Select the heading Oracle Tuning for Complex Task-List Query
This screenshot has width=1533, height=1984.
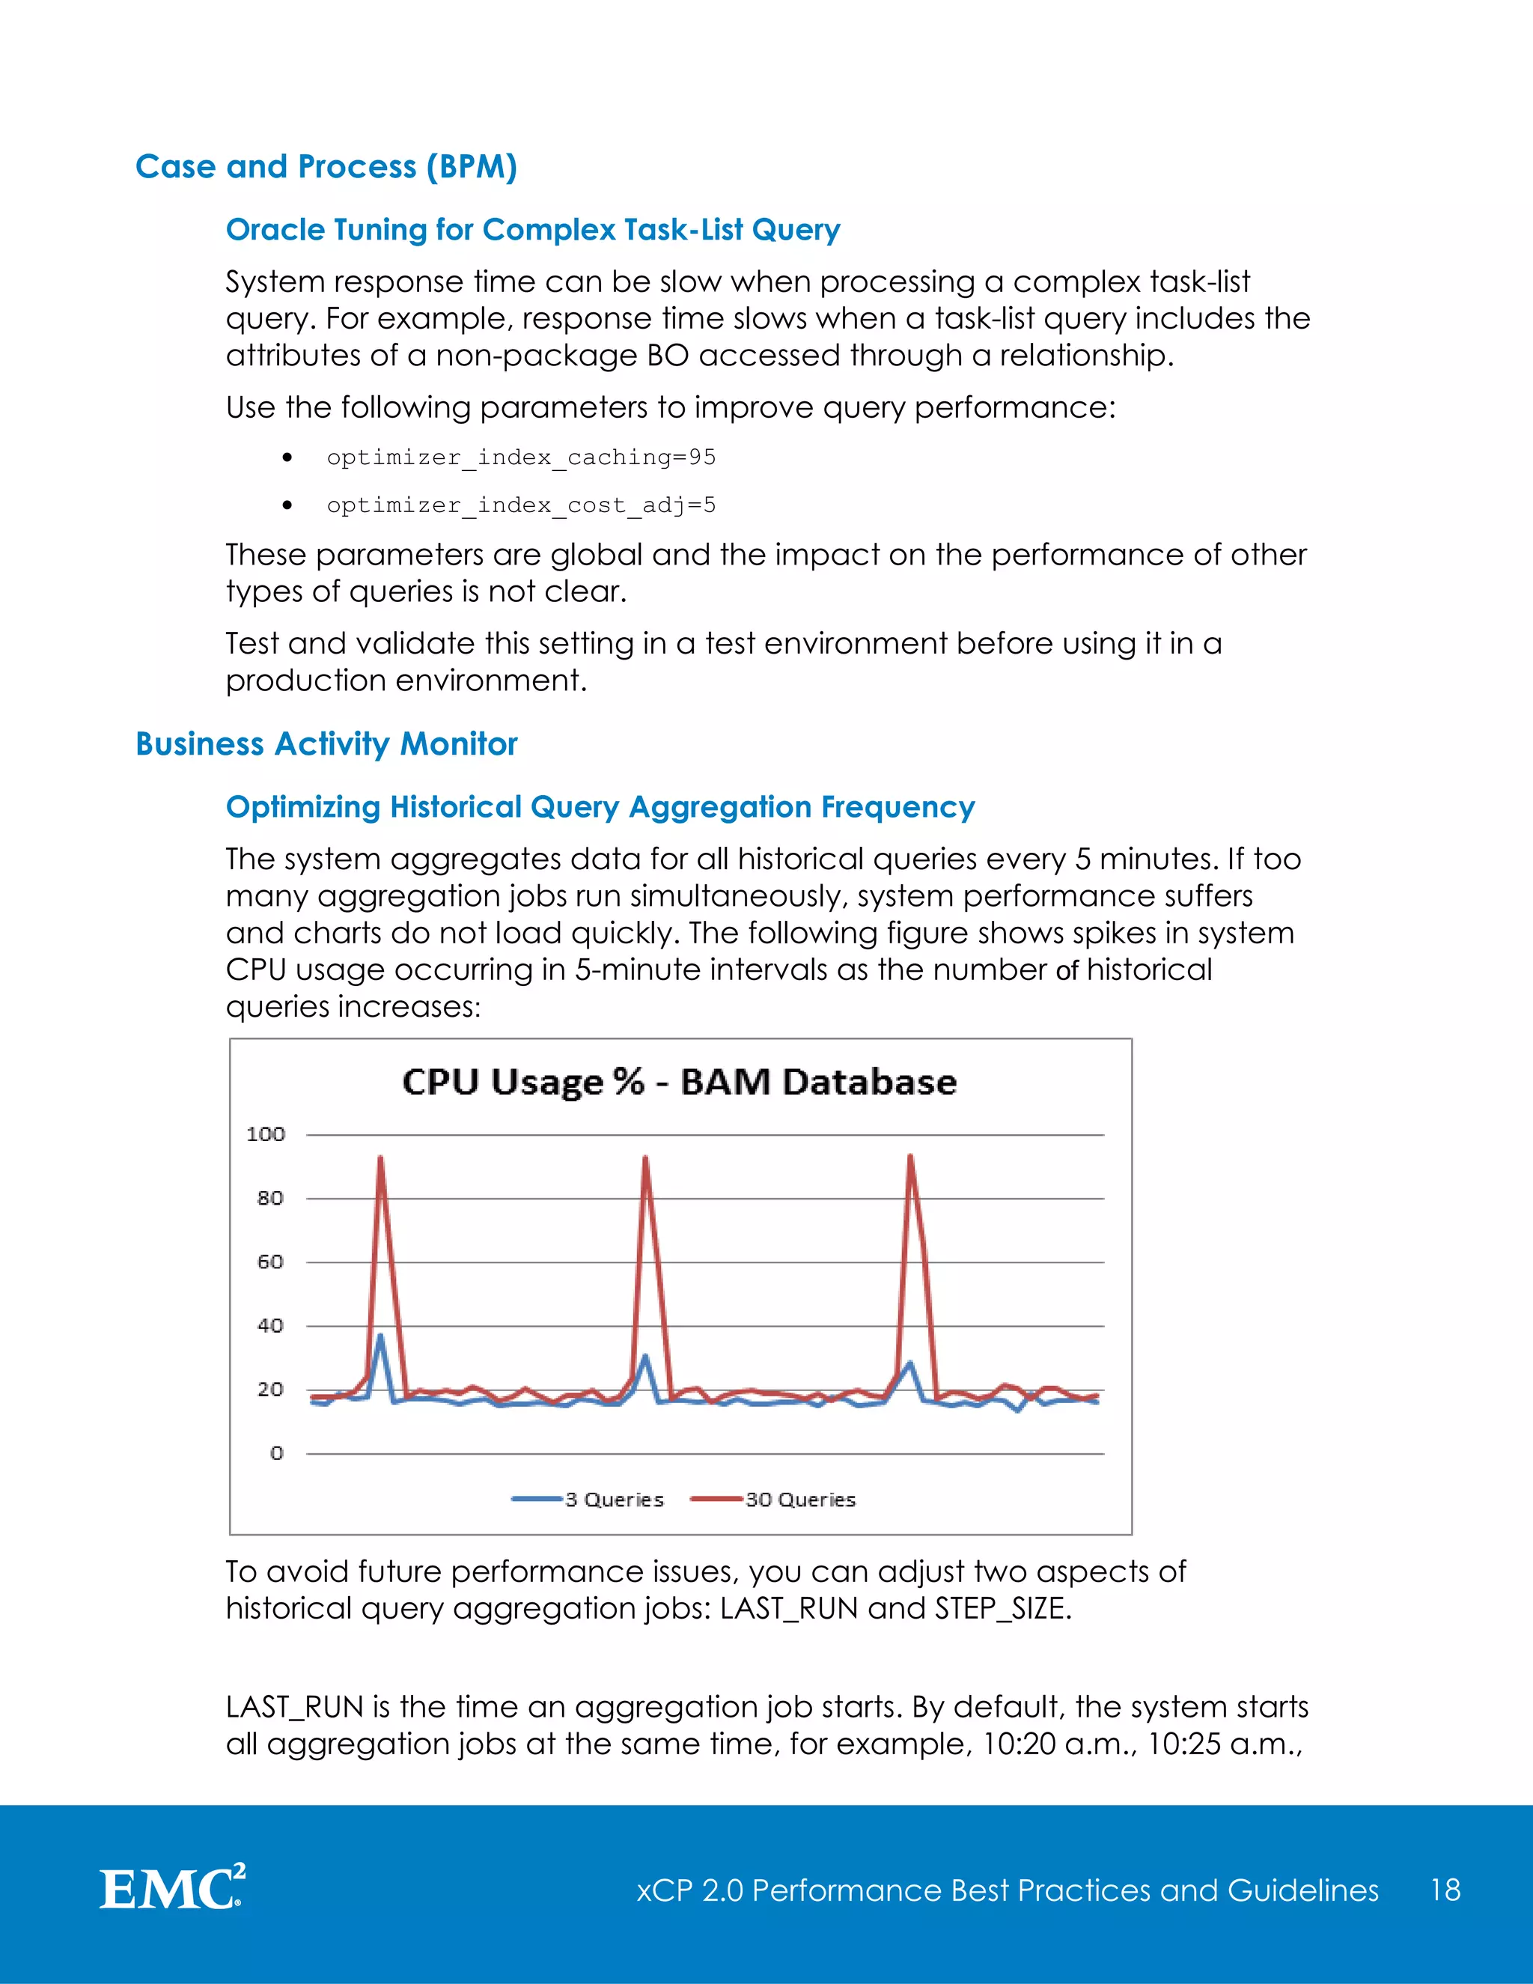tap(532, 230)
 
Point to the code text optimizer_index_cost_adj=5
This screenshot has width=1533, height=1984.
tap(520, 505)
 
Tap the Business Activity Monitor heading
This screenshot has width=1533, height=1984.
tap(326, 744)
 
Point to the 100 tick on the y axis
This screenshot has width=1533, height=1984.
tap(265, 1134)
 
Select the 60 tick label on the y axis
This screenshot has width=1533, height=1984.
tap(269, 1262)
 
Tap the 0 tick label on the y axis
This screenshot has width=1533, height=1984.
tap(276, 1453)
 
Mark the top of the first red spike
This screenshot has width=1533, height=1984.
tap(380, 1158)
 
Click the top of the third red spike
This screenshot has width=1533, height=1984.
tap(910, 1157)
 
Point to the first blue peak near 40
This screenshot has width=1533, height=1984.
tap(380, 1336)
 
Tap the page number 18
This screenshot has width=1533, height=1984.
tap(1445, 1890)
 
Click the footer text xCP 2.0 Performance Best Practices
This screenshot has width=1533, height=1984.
tap(1006, 1890)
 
